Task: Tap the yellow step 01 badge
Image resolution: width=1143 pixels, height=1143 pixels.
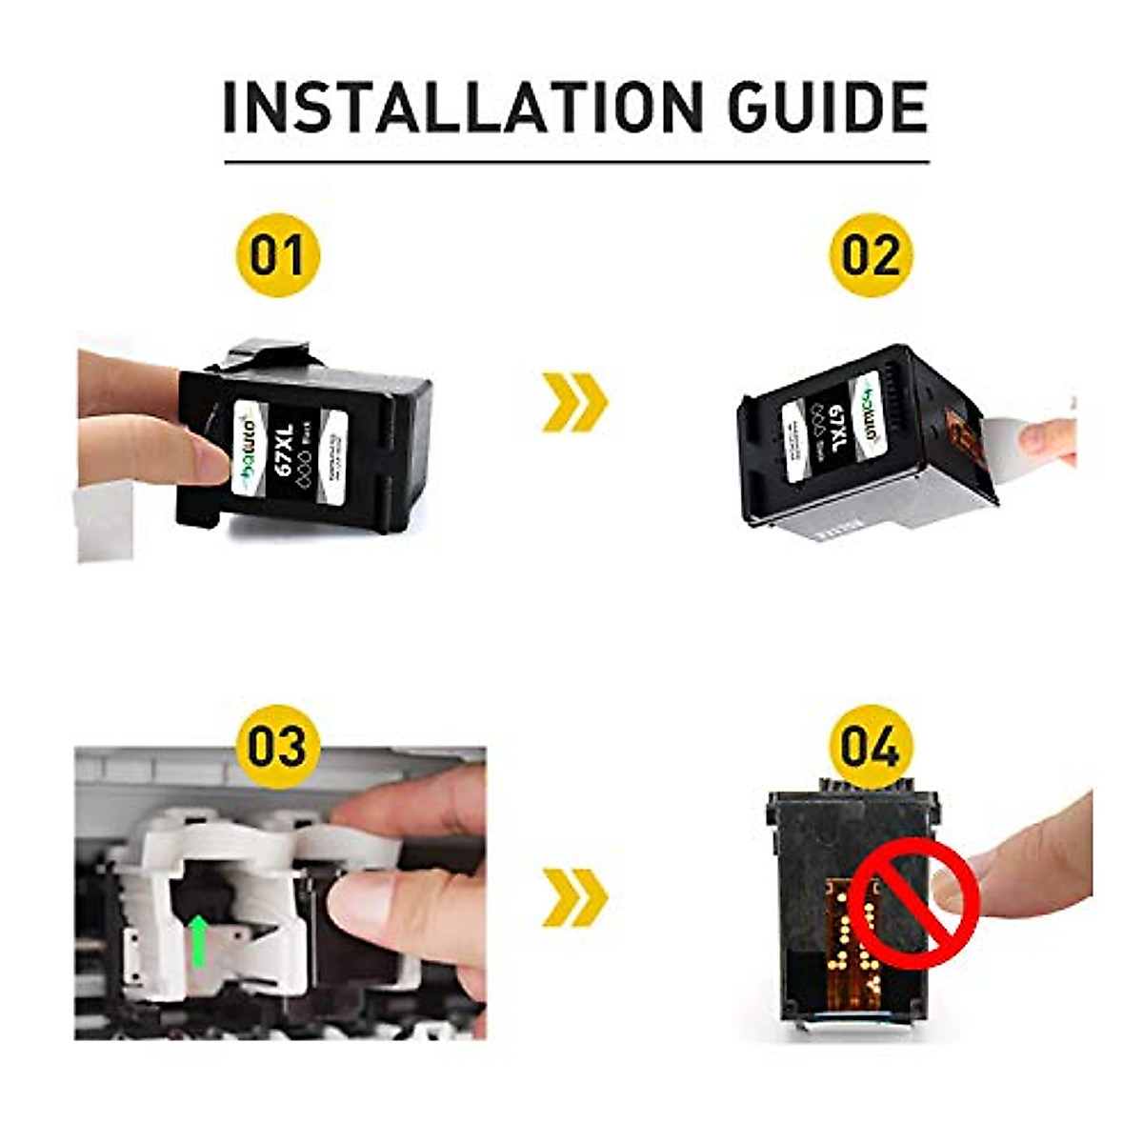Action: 277,255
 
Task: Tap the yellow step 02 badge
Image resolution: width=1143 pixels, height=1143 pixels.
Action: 871,255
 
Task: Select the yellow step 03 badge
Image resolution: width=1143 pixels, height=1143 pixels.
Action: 277,746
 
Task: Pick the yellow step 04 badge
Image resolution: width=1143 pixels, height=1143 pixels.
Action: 871,747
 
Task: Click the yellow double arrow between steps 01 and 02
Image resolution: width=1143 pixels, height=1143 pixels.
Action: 574,403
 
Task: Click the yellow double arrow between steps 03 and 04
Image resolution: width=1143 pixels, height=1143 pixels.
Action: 574,896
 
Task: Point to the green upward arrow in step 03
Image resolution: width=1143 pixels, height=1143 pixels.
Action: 198,939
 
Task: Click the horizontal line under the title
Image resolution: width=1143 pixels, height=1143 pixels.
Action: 576,162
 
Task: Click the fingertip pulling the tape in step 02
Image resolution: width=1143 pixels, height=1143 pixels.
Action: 1043,438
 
